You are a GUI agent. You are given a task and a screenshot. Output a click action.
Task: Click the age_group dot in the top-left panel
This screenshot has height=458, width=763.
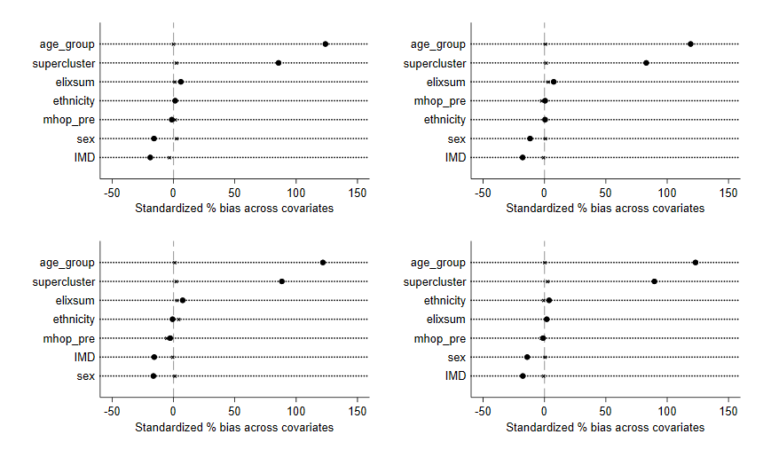click(x=326, y=43)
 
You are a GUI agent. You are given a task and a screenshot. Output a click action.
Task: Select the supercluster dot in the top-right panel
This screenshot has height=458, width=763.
click(x=646, y=63)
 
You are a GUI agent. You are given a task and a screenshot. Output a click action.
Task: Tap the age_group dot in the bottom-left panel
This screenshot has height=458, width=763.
click(x=323, y=263)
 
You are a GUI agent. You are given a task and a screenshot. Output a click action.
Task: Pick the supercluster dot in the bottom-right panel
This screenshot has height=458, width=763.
click(x=655, y=281)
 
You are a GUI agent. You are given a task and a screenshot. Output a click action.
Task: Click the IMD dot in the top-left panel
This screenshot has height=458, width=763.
click(x=150, y=157)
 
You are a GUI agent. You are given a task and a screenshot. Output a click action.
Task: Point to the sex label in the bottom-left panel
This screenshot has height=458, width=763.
click(x=86, y=376)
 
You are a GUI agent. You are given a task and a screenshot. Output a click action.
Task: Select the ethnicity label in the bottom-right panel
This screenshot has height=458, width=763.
click(x=444, y=301)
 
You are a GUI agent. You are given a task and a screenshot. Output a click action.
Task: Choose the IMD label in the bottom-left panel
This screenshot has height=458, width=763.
click(x=84, y=358)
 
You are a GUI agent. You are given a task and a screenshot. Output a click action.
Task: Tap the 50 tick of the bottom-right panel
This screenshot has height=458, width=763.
click(x=606, y=411)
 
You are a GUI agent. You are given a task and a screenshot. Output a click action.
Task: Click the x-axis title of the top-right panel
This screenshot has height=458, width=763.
click(x=605, y=208)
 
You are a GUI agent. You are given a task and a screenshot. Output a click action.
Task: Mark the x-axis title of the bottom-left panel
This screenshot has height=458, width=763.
click(x=234, y=427)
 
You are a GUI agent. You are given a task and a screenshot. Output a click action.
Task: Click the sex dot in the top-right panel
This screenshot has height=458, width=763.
click(x=531, y=138)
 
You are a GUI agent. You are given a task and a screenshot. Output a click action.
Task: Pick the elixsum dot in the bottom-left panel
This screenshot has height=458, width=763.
click(x=183, y=300)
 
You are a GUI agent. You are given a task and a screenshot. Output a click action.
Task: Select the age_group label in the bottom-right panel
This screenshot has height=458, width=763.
click(x=438, y=263)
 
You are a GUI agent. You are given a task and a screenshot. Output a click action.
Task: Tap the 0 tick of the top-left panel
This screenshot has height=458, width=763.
click(x=173, y=192)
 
